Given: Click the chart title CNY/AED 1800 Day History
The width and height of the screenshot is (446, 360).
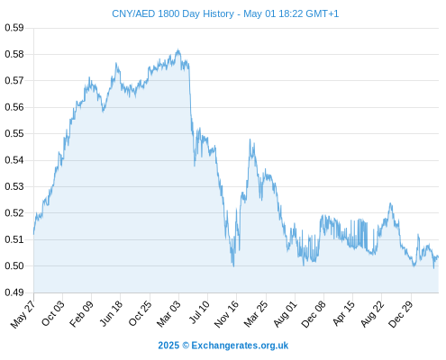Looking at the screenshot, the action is coord(173,13).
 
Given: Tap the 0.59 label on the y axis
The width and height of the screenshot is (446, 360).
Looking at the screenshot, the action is coord(14,28).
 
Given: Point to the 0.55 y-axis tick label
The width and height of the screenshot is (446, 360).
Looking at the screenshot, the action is coord(14,133).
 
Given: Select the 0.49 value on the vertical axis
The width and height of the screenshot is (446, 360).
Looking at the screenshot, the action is coord(14,292).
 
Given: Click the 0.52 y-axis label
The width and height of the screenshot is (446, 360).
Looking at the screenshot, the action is coord(14,213).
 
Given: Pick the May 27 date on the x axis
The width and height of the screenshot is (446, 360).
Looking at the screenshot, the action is coord(23,314).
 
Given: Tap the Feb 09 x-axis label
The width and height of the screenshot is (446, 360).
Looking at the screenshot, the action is coord(81,313).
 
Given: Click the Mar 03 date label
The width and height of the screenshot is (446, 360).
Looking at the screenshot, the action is coord(168,313).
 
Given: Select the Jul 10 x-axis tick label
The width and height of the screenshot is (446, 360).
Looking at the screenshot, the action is coord(198,312).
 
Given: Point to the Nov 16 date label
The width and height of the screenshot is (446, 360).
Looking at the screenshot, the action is coord(226,314).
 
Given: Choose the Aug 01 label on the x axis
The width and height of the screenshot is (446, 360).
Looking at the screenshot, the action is coord(285,313).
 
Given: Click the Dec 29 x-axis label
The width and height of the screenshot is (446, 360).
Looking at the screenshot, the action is coord(401,314).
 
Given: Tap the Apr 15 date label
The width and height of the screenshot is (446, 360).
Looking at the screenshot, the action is coord(343,313).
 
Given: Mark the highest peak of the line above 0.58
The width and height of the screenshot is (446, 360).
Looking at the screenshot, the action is coord(178,49).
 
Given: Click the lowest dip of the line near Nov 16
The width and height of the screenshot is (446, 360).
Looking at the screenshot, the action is coord(233,265).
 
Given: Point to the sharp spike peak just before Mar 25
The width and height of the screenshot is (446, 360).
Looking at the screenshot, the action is coord(250,139).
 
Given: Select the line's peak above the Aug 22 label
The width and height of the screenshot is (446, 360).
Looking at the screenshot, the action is coord(390,203).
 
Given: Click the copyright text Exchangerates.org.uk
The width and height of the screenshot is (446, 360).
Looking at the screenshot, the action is coord(240,346).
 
